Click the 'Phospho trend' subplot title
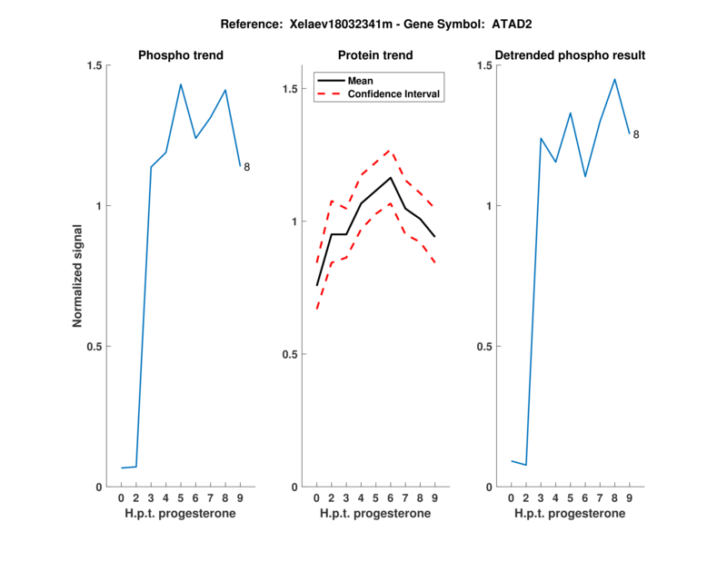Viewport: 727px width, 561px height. tap(181, 55)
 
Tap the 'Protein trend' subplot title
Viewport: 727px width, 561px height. tap(375, 55)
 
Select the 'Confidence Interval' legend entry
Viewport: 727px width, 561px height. tap(393, 93)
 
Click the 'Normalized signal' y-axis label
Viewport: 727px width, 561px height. tap(78, 276)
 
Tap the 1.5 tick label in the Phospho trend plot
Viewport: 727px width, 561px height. tap(94, 65)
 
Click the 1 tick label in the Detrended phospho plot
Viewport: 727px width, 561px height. tap(490, 206)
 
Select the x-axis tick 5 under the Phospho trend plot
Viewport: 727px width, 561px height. tap(181, 498)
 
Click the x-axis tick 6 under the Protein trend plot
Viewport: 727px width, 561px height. tap(390, 498)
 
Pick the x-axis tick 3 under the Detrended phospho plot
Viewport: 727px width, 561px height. tap(541, 498)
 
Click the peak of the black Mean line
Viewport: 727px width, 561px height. tap(390, 177)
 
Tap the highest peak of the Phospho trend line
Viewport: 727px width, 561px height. tap(181, 84)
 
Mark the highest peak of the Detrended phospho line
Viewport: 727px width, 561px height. tap(614, 79)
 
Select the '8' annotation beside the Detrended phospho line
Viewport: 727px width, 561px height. tap(636, 134)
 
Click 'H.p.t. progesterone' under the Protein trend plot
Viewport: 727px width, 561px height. tap(375, 514)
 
